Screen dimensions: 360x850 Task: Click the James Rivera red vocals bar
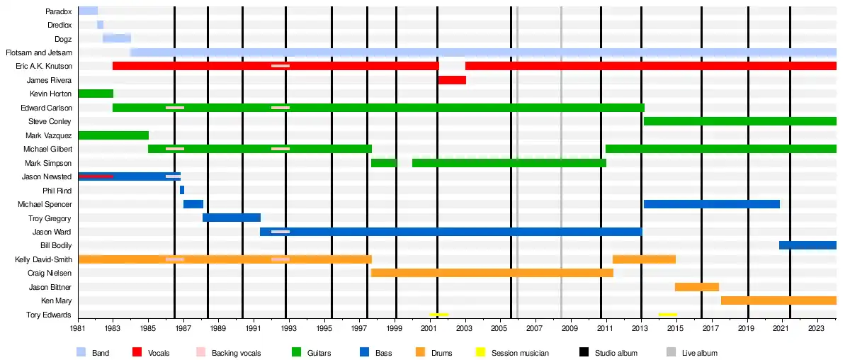452,80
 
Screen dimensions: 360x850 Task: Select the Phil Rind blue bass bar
182,190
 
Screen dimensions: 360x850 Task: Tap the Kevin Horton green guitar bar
96,94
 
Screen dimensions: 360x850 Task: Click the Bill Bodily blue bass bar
807,245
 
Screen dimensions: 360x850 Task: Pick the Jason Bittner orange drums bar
697,287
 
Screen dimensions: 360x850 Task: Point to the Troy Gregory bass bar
232,218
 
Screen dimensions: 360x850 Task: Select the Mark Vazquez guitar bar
113,135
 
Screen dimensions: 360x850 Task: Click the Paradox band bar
88,11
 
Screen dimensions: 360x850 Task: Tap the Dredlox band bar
100,25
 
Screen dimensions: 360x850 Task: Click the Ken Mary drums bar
778,300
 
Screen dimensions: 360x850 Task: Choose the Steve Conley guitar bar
739,121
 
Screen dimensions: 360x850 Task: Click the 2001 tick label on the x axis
429,330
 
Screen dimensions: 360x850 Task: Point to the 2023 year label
816,330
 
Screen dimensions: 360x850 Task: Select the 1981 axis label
79,330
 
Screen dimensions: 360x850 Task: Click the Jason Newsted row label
47,176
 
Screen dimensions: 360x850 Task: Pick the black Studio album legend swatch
585,352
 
